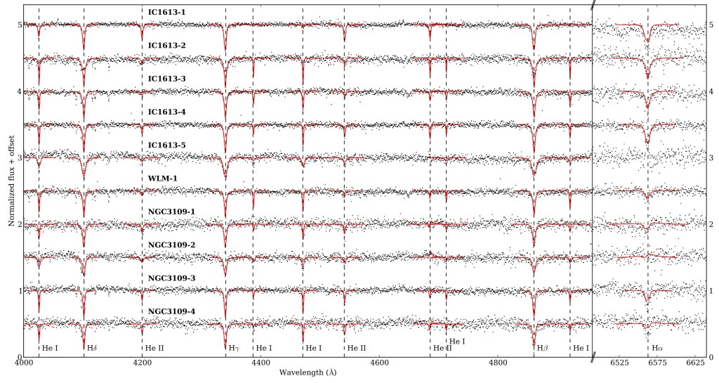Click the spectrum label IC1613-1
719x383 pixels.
(x=166, y=13)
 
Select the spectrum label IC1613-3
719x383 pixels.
(x=166, y=79)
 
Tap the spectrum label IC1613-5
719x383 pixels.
(x=166, y=145)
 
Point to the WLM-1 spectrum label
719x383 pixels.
(x=162, y=178)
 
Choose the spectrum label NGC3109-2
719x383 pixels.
(x=171, y=245)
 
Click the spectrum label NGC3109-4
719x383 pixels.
(x=171, y=311)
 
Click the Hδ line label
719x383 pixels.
(x=91, y=348)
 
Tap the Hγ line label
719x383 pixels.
(x=234, y=348)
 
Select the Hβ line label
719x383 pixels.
(x=542, y=348)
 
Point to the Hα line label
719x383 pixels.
(x=657, y=348)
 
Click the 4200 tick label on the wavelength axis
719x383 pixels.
(x=142, y=363)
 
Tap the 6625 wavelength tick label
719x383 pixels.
(x=694, y=363)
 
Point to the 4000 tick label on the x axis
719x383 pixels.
(x=24, y=363)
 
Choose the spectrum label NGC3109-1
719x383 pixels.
(x=171, y=212)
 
